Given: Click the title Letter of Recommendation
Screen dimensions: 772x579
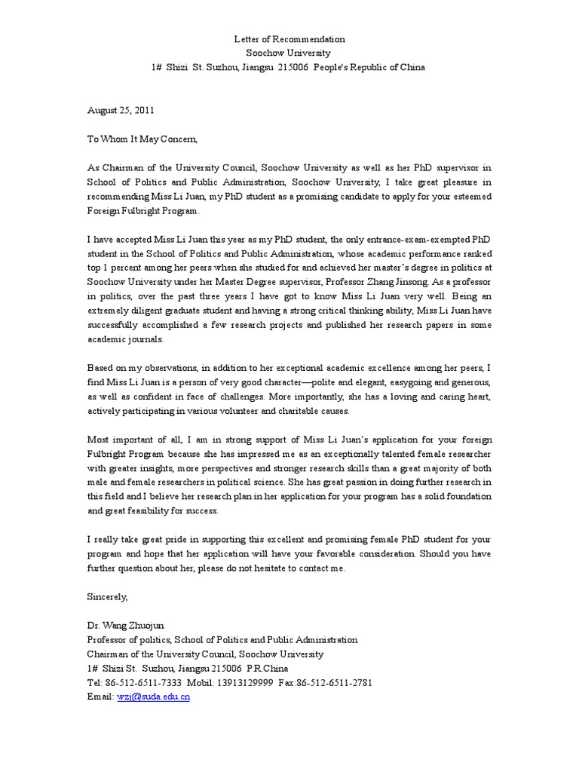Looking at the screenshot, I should tap(289, 38).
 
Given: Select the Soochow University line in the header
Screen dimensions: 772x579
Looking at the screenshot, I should tap(289, 53).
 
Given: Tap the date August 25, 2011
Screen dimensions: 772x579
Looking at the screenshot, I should tap(121, 109).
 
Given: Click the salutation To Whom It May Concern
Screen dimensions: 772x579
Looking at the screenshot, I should tap(143, 138).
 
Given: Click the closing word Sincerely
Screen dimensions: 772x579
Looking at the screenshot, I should tap(109, 597).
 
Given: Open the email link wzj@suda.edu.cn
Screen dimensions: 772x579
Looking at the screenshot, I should tap(154, 697).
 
